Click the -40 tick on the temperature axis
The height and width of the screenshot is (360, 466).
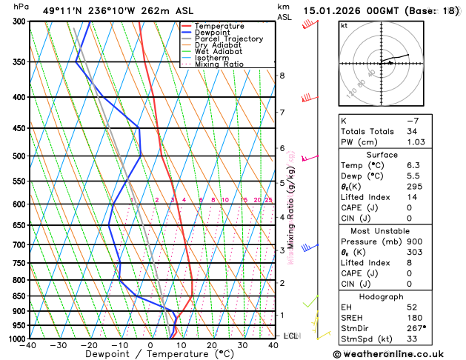click(x=29, y=345)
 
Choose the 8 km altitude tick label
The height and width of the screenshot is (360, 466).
click(x=282, y=76)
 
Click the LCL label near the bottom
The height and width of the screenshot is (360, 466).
click(x=290, y=336)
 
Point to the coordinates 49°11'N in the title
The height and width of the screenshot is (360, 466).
click(x=62, y=10)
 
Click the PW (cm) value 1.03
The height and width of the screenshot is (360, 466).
click(x=422, y=142)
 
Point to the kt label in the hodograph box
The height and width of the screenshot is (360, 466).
click(x=344, y=25)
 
